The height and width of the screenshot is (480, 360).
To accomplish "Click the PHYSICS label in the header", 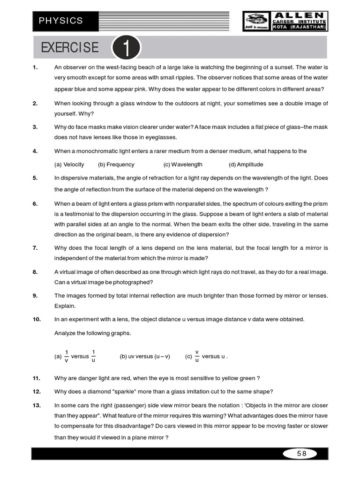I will pyautogui.click(x=61, y=21).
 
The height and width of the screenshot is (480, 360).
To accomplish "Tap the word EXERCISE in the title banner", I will pyautogui.click(x=70, y=48).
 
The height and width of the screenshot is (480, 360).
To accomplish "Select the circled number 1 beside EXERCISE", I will pyautogui.click(x=126, y=48).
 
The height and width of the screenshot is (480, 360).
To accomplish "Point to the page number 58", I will pyautogui.click(x=301, y=453).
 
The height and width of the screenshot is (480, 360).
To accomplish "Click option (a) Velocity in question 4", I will pyautogui.click(x=69, y=165).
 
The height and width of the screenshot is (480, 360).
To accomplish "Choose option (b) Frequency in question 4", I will pyautogui.click(x=116, y=165).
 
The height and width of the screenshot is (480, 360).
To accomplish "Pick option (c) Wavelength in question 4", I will pyautogui.click(x=183, y=165).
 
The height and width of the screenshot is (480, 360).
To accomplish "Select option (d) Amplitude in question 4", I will pyautogui.click(x=246, y=165).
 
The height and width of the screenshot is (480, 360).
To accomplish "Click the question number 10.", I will pyautogui.click(x=37, y=319).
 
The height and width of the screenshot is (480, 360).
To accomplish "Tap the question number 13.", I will pyautogui.click(x=37, y=405).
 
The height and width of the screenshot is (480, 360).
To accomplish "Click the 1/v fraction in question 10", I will pyautogui.click(x=67, y=356).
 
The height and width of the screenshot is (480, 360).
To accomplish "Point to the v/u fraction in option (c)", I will pyautogui.click(x=197, y=356).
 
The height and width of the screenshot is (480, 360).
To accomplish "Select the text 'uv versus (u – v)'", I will pyautogui.click(x=145, y=356).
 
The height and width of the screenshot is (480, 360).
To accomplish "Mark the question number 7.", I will pyautogui.click(x=35, y=247).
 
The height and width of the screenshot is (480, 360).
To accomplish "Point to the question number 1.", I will pyautogui.click(x=35, y=67).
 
